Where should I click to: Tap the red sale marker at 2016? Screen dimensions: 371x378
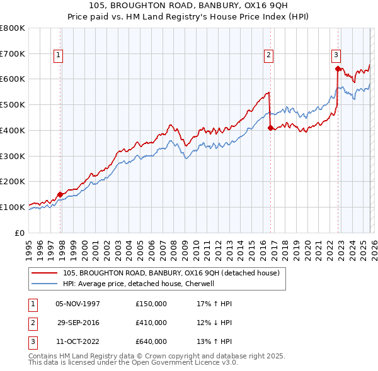tap(270, 128)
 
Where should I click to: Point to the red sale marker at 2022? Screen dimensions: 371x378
tap(338, 69)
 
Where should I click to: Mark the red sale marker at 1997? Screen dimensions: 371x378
tap(60, 194)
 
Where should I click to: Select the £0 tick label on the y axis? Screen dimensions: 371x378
tap(19, 233)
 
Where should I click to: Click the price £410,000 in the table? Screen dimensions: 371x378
tap(151, 323)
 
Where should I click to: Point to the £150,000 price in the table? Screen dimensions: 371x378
tap(151, 304)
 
